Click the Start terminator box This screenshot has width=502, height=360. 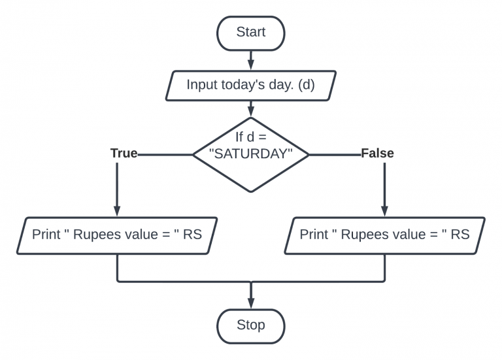[x=251, y=32]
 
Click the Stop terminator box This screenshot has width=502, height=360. [x=251, y=325]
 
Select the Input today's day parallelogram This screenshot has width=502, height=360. [x=251, y=85]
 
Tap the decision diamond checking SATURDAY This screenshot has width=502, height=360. [x=251, y=154]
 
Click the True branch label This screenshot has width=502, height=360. [x=124, y=154]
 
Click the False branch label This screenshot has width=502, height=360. [x=377, y=154]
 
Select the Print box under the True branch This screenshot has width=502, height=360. [x=117, y=235]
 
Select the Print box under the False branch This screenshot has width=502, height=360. [x=384, y=235]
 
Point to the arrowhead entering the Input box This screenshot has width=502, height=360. [x=251, y=64]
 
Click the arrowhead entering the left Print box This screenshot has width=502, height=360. [x=117, y=210]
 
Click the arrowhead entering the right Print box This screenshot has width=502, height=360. [x=384, y=210]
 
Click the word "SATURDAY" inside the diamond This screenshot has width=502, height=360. [x=251, y=154]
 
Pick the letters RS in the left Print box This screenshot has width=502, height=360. [x=192, y=235]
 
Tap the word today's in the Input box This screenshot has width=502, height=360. [x=245, y=85]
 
